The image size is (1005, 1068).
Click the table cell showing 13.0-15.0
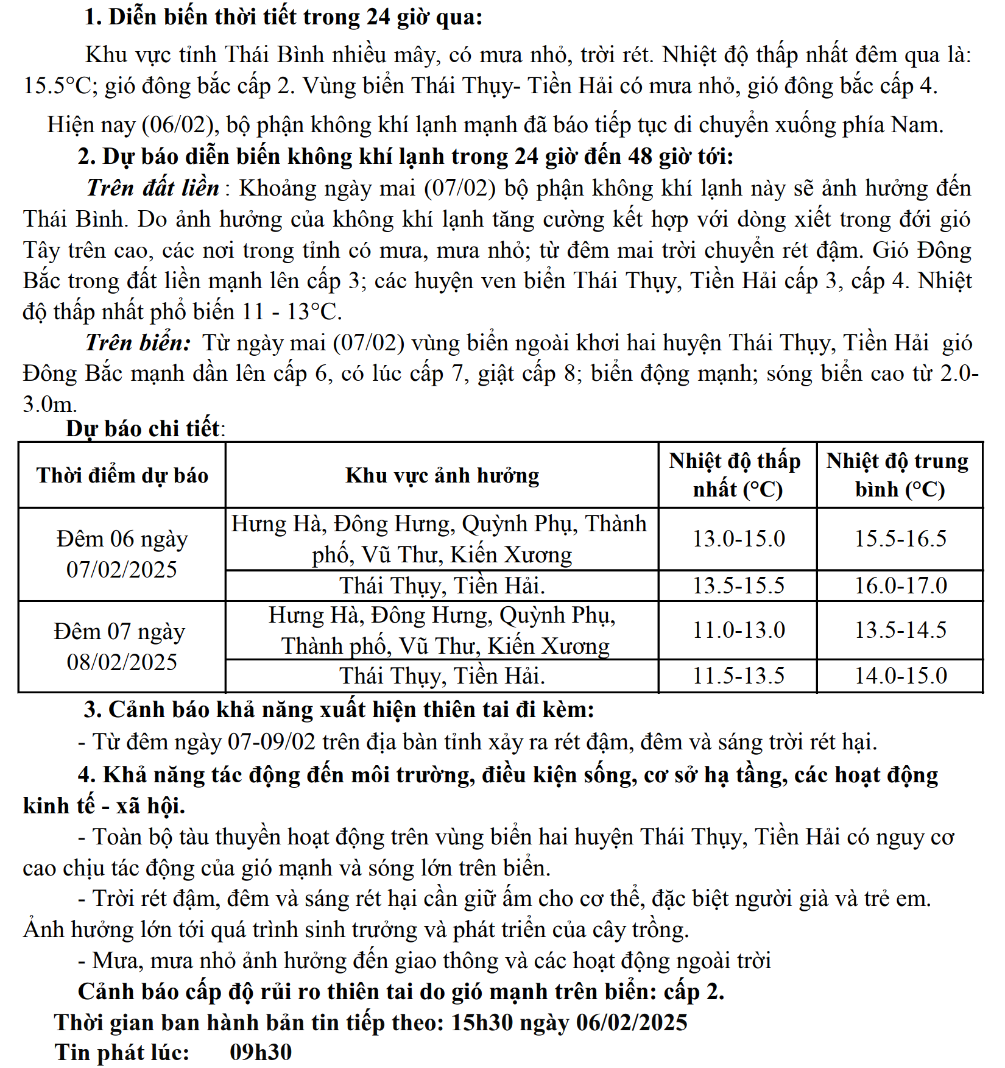[x=738, y=539]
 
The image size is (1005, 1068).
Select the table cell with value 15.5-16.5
[x=900, y=539]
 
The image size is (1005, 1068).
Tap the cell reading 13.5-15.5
[x=738, y=585]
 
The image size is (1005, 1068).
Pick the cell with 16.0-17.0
[x=900, y=585]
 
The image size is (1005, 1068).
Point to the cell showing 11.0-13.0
[x=738, y=630]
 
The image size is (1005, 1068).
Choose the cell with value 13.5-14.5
[x=900, y=630]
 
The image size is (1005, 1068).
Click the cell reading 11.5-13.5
[x=738, y=676]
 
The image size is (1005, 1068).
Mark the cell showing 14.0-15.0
[x=900, y=676]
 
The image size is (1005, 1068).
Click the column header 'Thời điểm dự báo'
[x=122, y=475]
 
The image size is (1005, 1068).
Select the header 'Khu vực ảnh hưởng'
[x=442, y=475]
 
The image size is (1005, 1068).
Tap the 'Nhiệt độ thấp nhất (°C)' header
[x=737, y=475]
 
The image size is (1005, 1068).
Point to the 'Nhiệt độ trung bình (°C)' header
[x=899, y=475]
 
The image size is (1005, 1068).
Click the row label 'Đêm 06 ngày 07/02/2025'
[x=122, y=554]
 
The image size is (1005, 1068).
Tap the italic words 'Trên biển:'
[x=138, y=343]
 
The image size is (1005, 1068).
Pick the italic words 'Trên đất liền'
[x=153, y=188]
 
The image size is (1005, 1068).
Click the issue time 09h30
[x=261, y=1052]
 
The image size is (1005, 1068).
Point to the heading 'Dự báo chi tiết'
[x=144, y=429]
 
